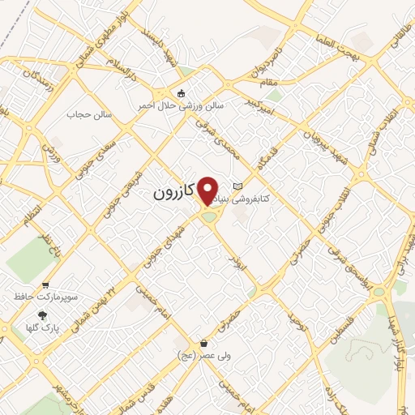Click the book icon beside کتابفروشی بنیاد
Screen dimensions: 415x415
(x=237, y=186)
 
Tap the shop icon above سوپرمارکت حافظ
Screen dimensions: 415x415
(x=46, y=285)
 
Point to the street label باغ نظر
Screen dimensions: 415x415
(x=52, y=248)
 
